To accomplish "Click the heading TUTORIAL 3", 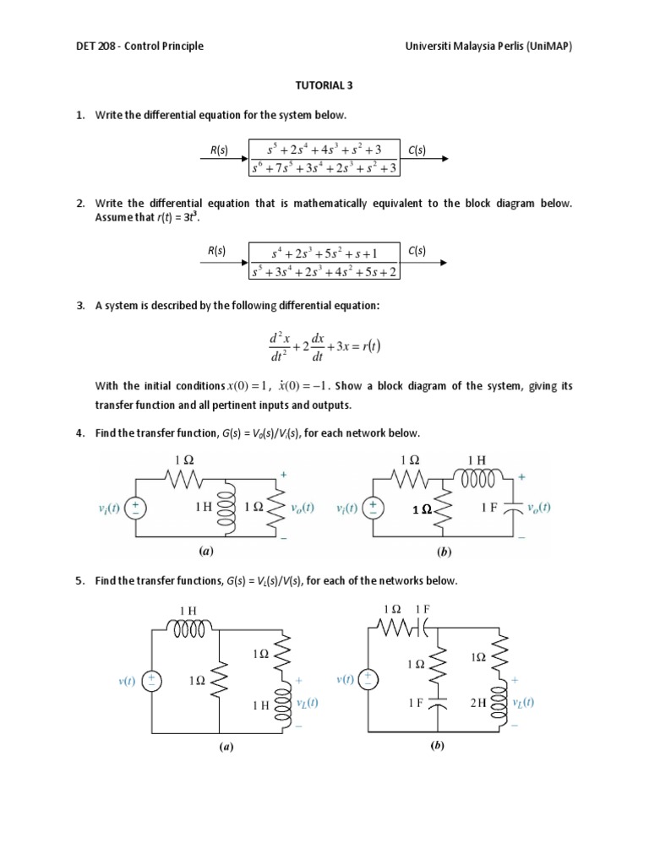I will coord(324,86).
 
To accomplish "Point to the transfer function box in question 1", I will coord(324,159).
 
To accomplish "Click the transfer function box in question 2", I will coord(324,261).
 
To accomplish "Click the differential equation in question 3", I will coord(324,347).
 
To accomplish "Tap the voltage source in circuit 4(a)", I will coord(134,509).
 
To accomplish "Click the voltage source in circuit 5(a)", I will coord(152,681).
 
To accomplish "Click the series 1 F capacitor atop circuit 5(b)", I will coord(424,629).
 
